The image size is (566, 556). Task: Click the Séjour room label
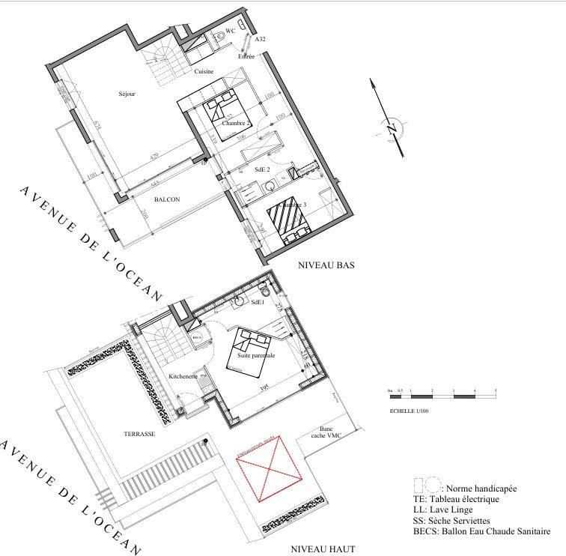[x=127, y=94]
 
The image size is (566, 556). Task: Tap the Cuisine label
[x=204, y=72]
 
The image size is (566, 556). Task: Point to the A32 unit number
[x=261, y=38]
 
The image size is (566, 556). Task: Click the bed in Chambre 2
[x=223, y=106]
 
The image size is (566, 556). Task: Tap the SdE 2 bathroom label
[x=262, y=170]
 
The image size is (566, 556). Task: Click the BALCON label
[x=167, y=199]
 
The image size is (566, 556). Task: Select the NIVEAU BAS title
[x=326, y=265]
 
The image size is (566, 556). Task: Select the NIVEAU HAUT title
[x=322, y=549]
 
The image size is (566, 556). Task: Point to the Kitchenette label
[x=183, y=376]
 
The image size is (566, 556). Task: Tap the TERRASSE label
[x=139, y=434]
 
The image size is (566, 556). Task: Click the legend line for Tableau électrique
[x=455, y=498]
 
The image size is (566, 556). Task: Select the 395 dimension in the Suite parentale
[x=263, y=387]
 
